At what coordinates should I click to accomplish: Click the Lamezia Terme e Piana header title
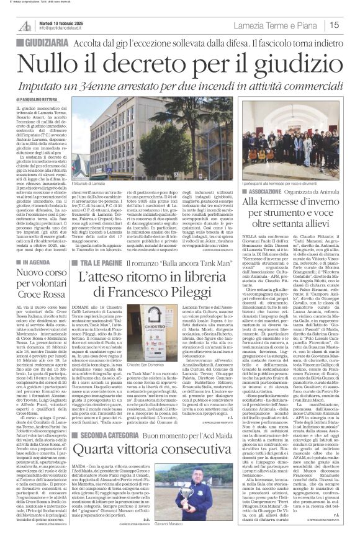click(291, 25)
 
